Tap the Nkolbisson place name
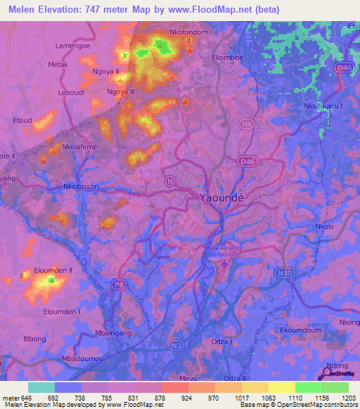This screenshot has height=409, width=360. (x=81, y=187)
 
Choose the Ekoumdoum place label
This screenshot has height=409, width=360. (x=301, y=330)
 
